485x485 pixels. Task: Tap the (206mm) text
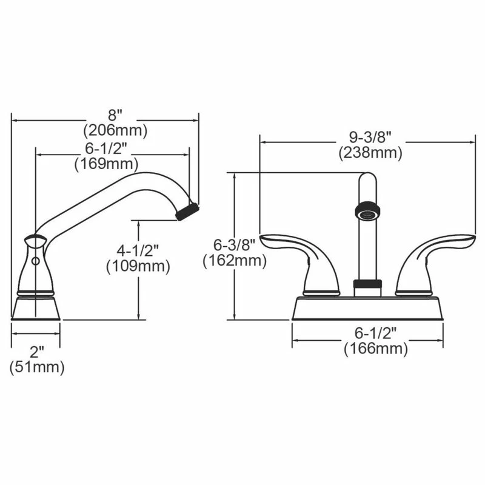click(x=115, y=130)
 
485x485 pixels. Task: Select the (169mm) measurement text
click(x=106, y=164)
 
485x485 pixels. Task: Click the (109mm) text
click(x=138, y=266)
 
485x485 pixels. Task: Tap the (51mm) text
click(x=36, y=367)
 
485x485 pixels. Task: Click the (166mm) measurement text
click(x=376, y=349)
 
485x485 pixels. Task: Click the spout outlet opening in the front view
click(x=367, y=212)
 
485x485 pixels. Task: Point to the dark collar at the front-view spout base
click(x=367, y=283)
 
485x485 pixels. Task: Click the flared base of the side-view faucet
click(x=36, y=308)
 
